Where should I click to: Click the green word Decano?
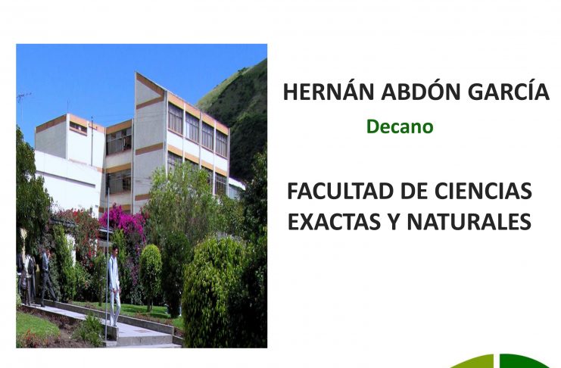pyautogui.click(x=400, y=126)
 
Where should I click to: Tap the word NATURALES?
pyautogui.click(x=469, y=222)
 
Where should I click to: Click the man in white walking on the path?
pyautogui.click(x=114, y=285)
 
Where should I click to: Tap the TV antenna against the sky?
pyautogui.click(x=24, y=97)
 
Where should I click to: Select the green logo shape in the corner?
pyautogui.click(x=501, y=361)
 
